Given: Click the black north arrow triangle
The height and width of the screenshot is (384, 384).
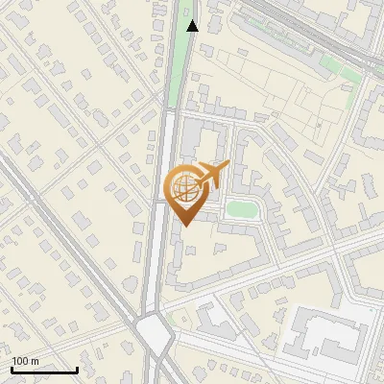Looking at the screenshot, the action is (193, 26).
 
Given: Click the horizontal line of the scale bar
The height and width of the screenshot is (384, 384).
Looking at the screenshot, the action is (44, 370).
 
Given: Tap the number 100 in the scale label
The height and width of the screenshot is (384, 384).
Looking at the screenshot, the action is (21, 361).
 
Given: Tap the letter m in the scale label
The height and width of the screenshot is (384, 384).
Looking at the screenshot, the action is (35, 361).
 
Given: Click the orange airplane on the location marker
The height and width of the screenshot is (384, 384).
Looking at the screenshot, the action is (210, 175).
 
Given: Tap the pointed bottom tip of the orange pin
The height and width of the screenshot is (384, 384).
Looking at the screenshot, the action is (184, 226).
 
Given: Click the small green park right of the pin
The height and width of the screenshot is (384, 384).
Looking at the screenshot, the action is (241, 209).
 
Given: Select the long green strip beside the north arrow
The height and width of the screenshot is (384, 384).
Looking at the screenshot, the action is (178, 58).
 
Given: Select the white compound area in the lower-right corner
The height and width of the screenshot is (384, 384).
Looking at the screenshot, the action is (331, 336).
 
